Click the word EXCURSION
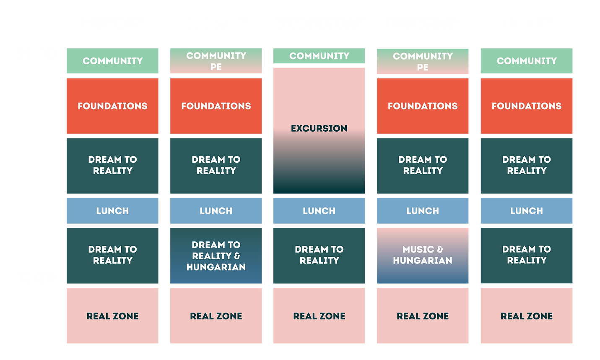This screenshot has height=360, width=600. [319, 128]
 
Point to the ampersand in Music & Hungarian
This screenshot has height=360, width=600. [440, 250]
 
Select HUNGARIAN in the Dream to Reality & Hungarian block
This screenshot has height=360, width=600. [216, 267]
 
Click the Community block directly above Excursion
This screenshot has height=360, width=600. [319, 56]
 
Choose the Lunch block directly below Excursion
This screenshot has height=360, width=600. [319, 211]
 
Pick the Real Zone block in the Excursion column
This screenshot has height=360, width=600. [319, 316]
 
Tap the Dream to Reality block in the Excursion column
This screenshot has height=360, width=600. [319, 256]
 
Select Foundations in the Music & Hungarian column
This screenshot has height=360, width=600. [423, 106]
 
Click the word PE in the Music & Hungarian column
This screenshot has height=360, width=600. [423, 67]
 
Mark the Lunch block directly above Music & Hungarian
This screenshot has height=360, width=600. [423, 211]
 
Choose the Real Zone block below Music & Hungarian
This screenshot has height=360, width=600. [423, 316]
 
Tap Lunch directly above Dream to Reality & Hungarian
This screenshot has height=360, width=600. [216, 211]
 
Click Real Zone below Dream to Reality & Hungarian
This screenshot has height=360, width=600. [216, 316]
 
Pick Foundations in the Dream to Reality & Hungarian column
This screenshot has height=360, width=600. [216, 106]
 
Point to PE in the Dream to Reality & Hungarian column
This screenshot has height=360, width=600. [216, 67]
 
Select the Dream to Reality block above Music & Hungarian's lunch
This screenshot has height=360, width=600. [423, 166]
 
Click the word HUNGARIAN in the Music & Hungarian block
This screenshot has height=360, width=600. [423, 261]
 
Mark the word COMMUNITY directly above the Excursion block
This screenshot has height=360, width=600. [319, 56]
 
